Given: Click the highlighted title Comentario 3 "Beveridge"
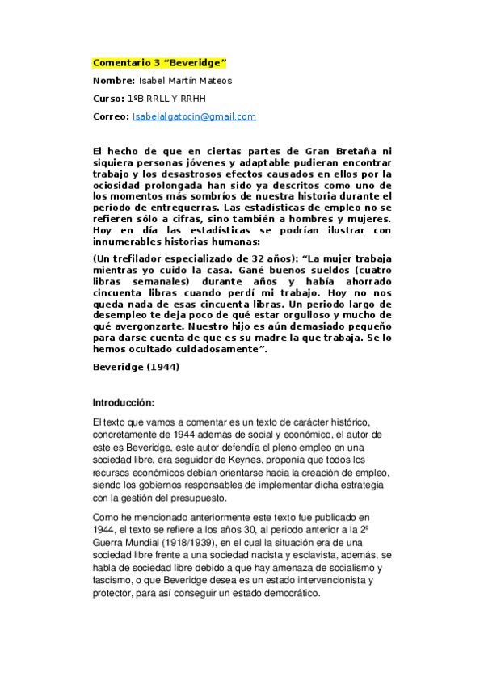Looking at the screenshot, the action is pyautogui.click(x=160, y=62).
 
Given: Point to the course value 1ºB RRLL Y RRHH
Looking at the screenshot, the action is pyautogui.click(x=166, y=98).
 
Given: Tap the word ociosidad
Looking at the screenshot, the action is pyautogui.click(x=120, y=184).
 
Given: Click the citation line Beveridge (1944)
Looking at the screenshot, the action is pyautogui.click(x=137, y=367).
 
